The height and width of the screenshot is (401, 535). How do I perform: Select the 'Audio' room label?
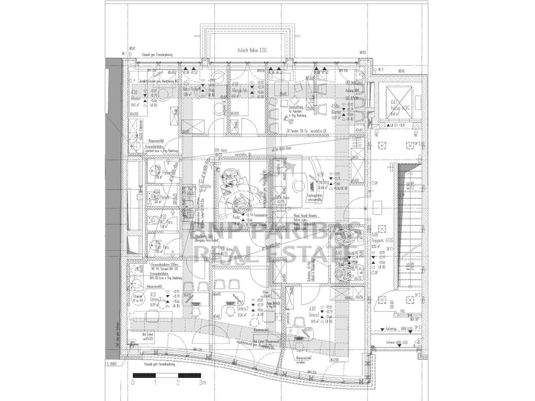[x=236, y=216]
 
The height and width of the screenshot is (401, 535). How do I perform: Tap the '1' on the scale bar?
[x=156, y=383]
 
